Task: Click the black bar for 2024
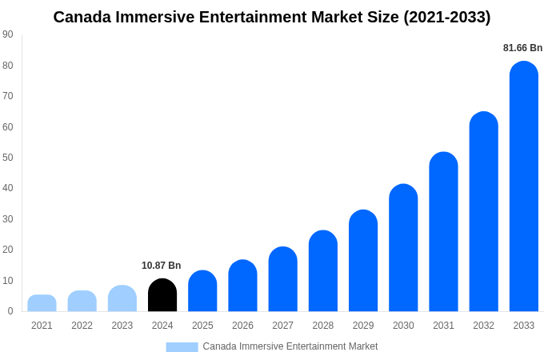[x=162, y=295]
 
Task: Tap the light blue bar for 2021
[x=42, y=303]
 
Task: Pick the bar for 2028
[x=323, y=271]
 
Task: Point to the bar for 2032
[x=483, y=212]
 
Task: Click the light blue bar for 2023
[x=122, y=298]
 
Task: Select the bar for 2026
[x=242, y=286]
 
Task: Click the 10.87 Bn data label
[x=162, y=266]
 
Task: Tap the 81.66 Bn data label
[x=522, y=48]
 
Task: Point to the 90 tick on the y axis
[x=8, y=34]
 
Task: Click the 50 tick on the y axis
[x=8, y=158]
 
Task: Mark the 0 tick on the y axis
[x=10, y=311]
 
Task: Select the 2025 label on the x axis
[x=202, y=326]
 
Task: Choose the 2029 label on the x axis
[x=363, y=326]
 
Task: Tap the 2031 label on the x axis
[x=443, y=326]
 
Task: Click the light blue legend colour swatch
[x=182, y=347]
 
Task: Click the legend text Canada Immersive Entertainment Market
[x=290, y=346]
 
